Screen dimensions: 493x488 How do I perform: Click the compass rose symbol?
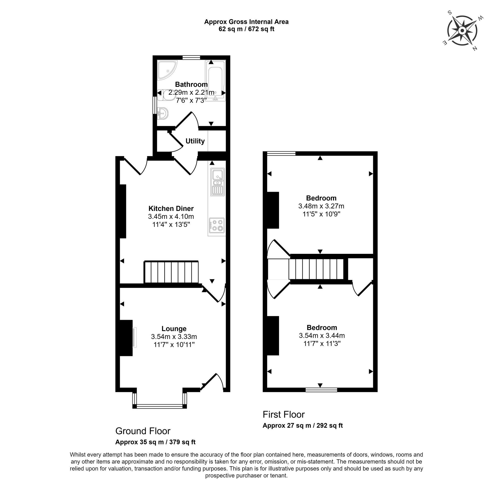point(462,31)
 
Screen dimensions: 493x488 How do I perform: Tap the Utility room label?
point(195,141)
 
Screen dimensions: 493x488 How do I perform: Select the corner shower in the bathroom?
point(167,70)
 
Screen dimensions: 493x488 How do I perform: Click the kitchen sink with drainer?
point(218,182)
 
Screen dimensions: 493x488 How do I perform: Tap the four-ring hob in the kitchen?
point(217,225)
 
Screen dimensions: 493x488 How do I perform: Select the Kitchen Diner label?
point(171,209)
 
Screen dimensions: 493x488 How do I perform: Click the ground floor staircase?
point(171,272)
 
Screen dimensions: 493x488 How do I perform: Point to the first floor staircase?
point(316,269)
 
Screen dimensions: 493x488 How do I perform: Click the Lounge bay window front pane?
point(160,406)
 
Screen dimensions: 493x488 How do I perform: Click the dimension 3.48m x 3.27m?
point(321,206)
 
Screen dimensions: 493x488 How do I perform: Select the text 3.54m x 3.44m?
point(322,335)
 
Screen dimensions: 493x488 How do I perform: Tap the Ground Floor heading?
point(143,431)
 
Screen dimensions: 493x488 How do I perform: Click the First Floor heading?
point(283,414)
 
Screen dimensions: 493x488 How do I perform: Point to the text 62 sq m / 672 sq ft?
point(246,29)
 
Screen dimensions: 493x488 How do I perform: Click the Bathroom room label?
point(191,84)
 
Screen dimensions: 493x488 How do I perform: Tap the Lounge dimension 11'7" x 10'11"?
point(174,345)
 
